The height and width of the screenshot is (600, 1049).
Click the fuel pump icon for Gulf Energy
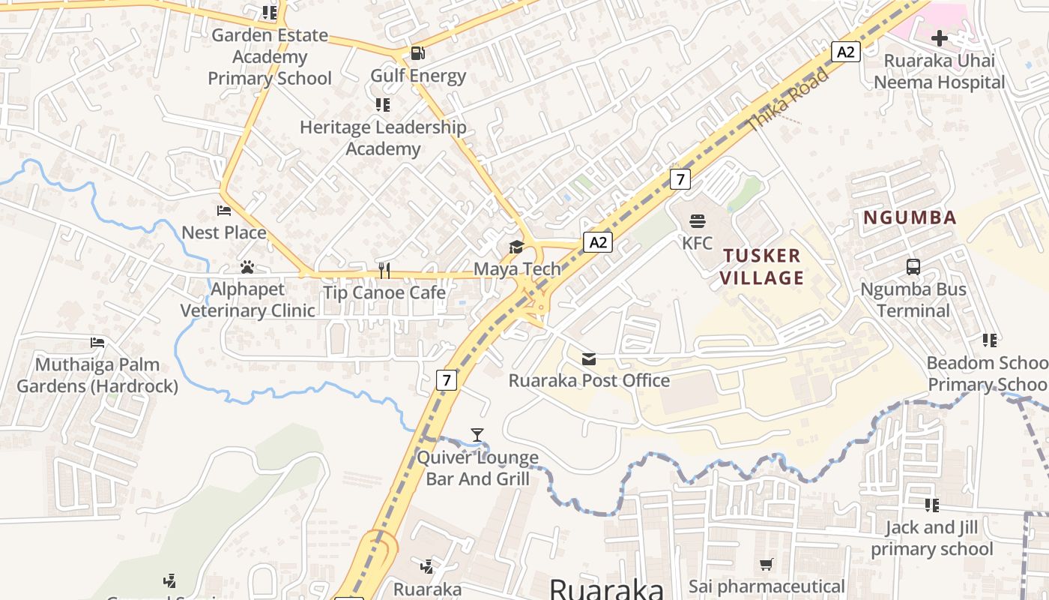click(418, 53)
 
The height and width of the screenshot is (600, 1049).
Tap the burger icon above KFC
click(698, 221)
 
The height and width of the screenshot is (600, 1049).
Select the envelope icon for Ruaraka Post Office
click(589, 359)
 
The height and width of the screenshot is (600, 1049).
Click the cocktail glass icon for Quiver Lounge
click(477, 435)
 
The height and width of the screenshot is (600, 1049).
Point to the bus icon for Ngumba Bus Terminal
click(913, 267)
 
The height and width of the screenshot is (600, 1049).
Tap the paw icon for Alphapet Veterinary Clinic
click(247, 267)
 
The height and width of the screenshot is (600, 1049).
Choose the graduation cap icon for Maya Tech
click(516, 247)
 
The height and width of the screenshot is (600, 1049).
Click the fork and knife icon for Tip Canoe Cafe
click(384, 270)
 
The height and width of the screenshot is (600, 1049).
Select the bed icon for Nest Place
click(224, 211)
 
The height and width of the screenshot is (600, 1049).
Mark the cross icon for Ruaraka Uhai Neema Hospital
click(940, 38)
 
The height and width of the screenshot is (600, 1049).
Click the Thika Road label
click(789, 97)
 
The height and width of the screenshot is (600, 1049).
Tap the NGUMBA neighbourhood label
click(910, 218)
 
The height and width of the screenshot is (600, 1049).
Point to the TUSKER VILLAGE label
click(763, 266)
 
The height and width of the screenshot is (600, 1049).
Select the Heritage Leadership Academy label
click(383, 138)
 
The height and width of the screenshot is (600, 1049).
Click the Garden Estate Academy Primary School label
click(270, 56)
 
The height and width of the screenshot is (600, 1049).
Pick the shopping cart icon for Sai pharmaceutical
click(766, 564)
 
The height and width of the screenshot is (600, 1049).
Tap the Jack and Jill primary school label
click(931, 538)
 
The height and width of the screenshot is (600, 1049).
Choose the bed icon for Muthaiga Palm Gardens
click(97, 343)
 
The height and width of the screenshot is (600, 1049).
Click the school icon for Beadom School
click(990, 340)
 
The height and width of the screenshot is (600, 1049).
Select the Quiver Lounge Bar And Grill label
click(477, 468)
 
